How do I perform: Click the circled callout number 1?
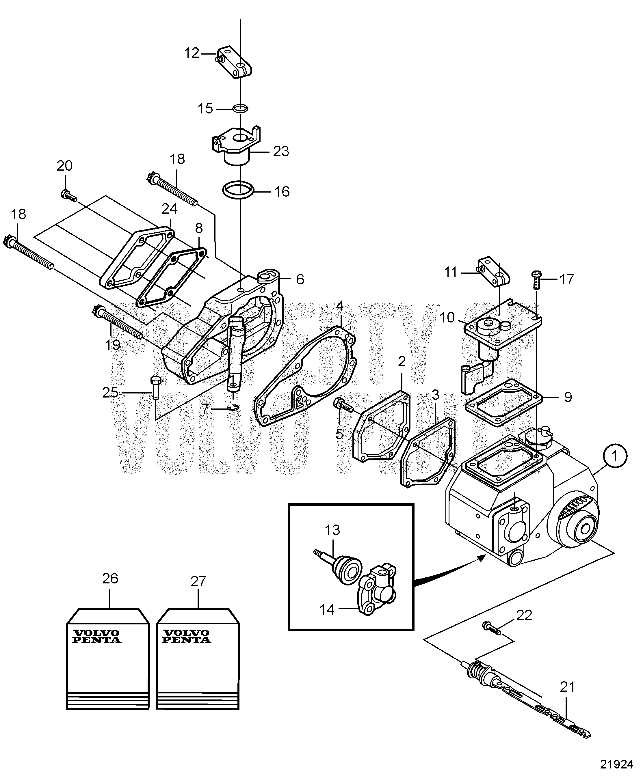614,456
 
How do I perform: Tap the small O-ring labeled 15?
240,109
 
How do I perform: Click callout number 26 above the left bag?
110,578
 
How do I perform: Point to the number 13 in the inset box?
332,530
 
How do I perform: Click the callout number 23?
281,151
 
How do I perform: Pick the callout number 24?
169,209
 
